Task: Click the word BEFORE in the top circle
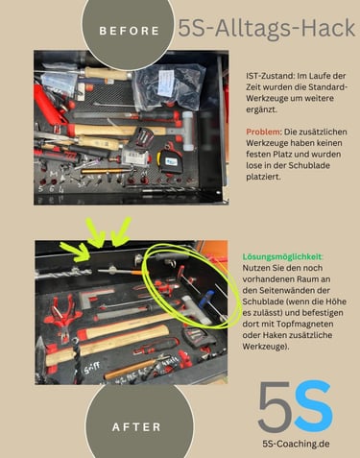pos(130,31)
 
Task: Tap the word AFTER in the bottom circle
pos(136,427)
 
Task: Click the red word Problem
pos(263,132)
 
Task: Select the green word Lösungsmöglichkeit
pos(282,256)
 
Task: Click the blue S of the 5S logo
pos(313,406)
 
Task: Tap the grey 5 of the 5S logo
pos(276,407)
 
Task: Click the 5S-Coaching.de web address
pos(296,444)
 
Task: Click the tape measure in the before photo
pos(169,161)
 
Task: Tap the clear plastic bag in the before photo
pos(169,86)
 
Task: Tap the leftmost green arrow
pos(76,251)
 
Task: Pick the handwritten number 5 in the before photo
pos(40,189)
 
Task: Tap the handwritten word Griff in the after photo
pos(92,368)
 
